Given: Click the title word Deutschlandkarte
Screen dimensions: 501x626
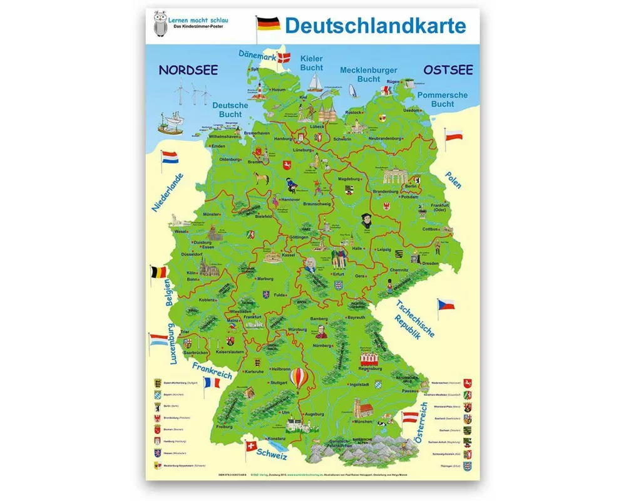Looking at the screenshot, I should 375,26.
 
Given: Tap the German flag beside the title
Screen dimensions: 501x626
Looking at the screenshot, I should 267,25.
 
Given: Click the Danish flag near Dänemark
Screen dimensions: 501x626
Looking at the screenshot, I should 289,59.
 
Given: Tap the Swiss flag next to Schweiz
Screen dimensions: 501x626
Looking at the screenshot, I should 251,447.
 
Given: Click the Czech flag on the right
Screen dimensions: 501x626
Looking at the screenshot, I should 445,305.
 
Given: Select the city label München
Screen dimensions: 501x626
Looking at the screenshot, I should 362,422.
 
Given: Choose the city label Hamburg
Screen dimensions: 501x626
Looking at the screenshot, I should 284,138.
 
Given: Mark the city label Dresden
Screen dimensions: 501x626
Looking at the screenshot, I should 430,264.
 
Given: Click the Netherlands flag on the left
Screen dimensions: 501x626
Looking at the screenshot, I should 170,160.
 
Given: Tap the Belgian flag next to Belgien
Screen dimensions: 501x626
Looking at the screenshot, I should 158,273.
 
